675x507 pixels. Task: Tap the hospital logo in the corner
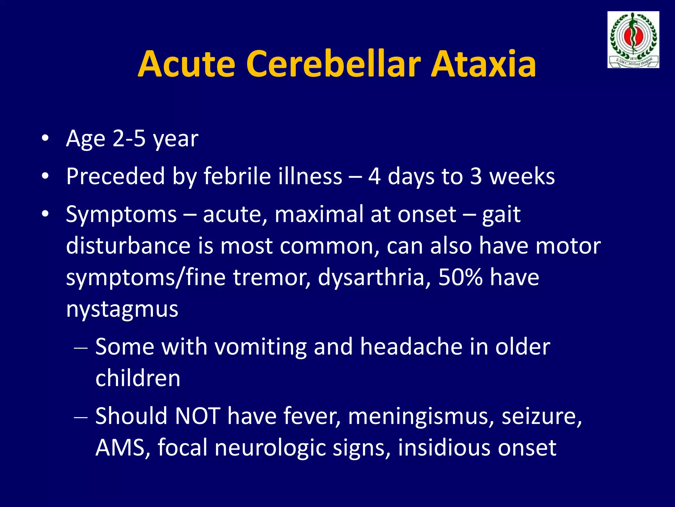[x=633, y=40]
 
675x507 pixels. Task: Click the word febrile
[x=237, y=176]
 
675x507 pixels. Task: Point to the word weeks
[x=522, y=176]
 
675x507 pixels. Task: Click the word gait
[x=501, y=215]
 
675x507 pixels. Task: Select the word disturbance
[x=128, y=246]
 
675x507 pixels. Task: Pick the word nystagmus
[x=122, y=309]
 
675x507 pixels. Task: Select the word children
[x=138, y=378]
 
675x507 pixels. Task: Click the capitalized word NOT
[x=197, y=416]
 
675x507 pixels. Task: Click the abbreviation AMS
[x=120, y=448]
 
